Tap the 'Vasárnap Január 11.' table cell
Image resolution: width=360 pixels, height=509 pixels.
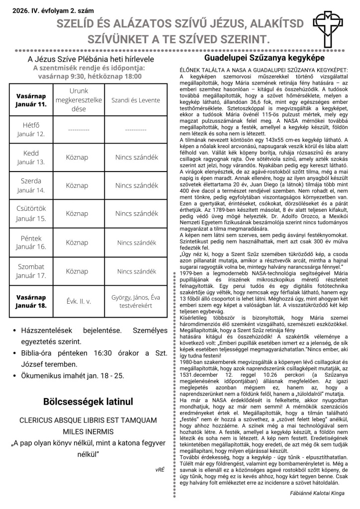pos(31,100)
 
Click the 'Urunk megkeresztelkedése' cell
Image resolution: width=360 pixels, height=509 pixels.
pos(78,100)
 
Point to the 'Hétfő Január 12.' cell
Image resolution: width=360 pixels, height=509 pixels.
pos(31,129)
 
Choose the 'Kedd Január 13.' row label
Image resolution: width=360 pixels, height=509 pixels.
pos(31,157)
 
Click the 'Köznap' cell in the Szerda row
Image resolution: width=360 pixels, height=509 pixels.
pos(78,185)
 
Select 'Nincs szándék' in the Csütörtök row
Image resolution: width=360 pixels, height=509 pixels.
pos(136,214)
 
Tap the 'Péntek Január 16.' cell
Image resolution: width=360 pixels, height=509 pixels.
pos(31,242)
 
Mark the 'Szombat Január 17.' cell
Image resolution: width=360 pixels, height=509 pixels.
pos(31,271)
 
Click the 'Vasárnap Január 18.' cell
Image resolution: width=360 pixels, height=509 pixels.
pos(31,301)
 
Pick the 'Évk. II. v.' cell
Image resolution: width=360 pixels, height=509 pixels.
pos(78,301)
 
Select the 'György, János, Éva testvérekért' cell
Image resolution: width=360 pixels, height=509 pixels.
pos(136,301)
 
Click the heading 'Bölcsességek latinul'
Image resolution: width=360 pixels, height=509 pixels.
pos(89,401)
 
